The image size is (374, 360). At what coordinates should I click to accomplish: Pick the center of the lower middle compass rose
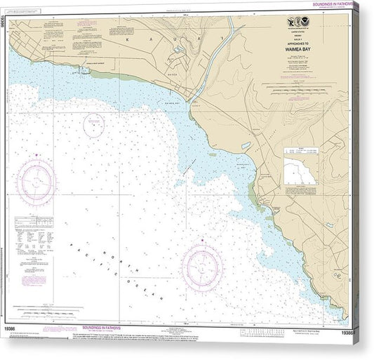(202, 267)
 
